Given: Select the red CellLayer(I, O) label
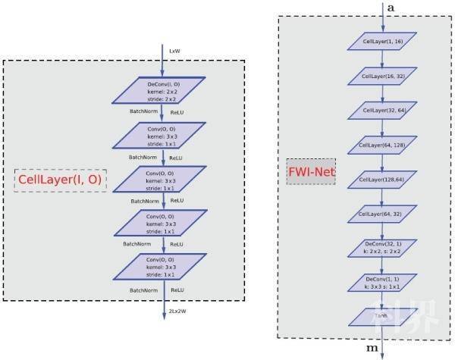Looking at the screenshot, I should coord(60,180).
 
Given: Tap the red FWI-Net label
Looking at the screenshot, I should coord(311,172).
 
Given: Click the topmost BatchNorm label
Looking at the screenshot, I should coord(145,110).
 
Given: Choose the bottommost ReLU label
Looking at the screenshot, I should coord(177,290).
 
